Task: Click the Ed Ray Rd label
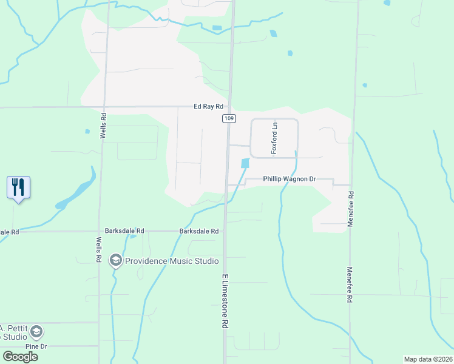tap(209, 107)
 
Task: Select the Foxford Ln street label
tap(274, 138)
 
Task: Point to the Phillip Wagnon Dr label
tap(290, 180)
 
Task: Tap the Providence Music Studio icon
tap(115, 261)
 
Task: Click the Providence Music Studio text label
tap(172, 261)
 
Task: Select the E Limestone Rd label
tap(225, 302)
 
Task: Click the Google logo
tap(20, 357)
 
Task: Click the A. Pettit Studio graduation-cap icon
tap(36, 332)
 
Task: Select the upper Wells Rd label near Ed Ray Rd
tap(104, 124)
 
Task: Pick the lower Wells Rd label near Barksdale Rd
tap(99, 249)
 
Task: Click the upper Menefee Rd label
tap(351, 206)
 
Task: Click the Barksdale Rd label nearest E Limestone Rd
tap(198, 231)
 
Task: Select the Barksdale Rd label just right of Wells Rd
tap(124, 231)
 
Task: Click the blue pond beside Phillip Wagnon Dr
tap(245, 163)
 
